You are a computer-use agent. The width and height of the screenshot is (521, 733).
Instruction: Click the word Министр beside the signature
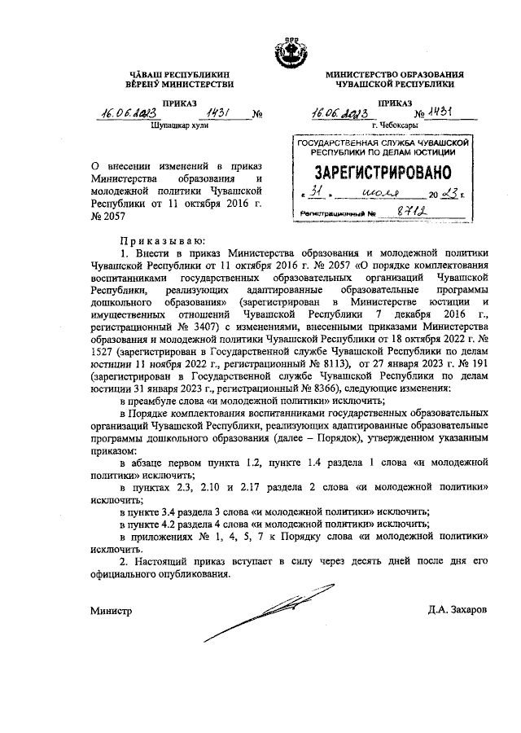(111, 610)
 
